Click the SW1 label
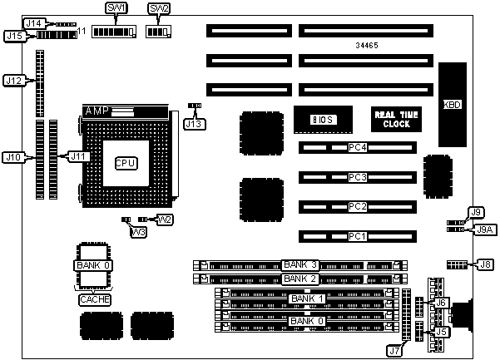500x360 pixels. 116,7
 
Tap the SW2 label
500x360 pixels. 158,7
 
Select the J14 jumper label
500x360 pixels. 32,22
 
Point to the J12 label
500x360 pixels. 12,81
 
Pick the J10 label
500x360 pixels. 12,156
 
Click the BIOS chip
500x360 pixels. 323,119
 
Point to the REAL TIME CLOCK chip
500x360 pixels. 395,118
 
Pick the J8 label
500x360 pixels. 486,264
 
